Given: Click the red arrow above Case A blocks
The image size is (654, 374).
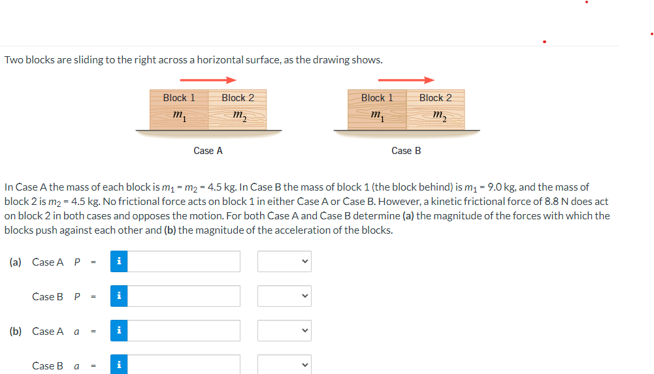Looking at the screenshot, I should [x=223, y=80].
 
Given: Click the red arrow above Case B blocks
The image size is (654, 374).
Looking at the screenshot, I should [x=420, y=80].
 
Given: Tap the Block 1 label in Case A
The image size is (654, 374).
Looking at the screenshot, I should [x=179, y=98].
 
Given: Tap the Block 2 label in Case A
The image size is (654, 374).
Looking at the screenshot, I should [x=238, y=98].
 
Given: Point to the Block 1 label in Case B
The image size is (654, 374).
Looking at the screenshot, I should [x=377, y=98].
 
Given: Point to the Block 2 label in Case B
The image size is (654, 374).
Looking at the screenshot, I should [x=435, y=98].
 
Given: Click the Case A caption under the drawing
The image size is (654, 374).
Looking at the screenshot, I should [x=208, y=151].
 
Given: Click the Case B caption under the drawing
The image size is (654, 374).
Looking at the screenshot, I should [x=406, y=151].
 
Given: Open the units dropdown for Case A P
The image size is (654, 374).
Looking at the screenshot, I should [x=284, y=262].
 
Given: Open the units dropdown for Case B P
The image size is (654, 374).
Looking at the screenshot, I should [x=284, y=296].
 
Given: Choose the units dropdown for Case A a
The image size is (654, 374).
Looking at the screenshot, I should [x=284, y=331].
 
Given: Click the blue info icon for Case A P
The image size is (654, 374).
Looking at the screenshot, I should [x=119, y=262].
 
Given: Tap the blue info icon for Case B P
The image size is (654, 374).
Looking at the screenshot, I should [x=119, y=296].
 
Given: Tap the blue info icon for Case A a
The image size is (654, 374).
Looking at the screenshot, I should [x=119, y=331].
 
